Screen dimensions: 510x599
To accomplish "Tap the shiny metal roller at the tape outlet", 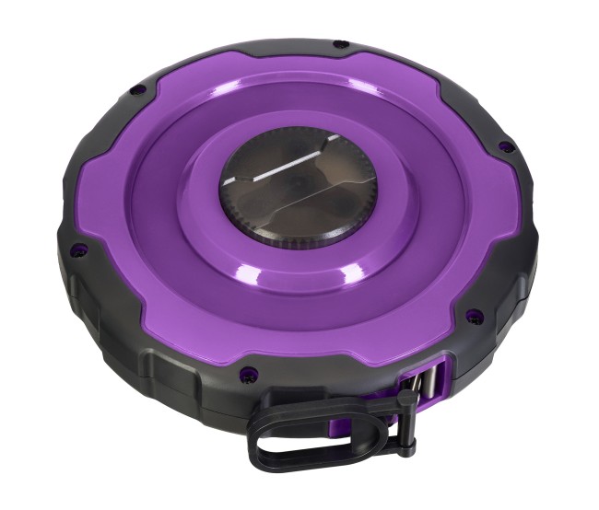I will [x=429, y=382].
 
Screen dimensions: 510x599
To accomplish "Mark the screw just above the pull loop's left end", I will [x=246, y=374].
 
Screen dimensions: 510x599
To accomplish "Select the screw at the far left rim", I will [x=80, y=247].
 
